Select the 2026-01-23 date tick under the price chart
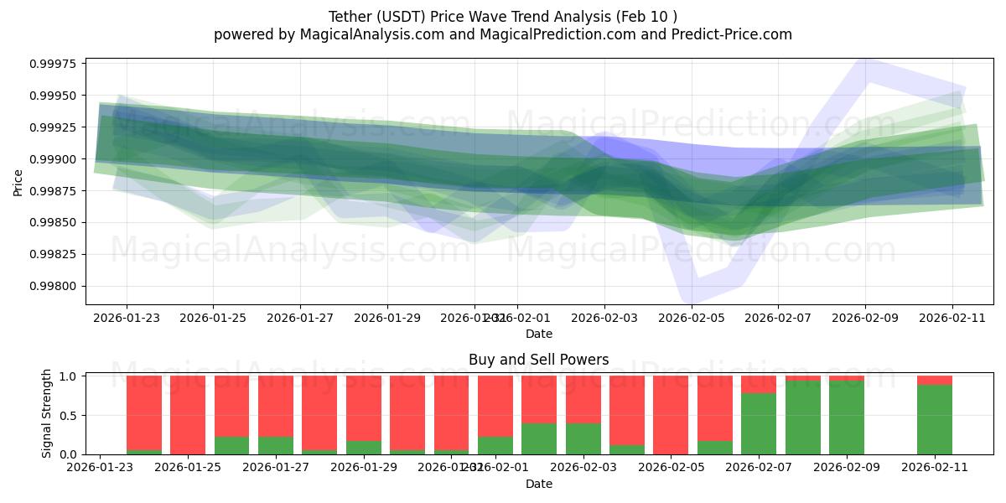click(x=127, y=318)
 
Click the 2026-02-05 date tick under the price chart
click(x=692, y=318)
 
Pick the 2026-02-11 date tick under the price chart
click(x=952, y=318)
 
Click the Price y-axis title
click(x=18, y=181)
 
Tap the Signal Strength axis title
click(x=47, y=413)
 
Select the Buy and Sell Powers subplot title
click(x=538, y=360)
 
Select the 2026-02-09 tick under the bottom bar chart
click(x=846, y=468)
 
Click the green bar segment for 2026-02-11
click(x=934, y=419)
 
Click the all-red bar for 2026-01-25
click(x=188, y=415)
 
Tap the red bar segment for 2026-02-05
click(x=671, y=415)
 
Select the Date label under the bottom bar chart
click(x=538, y=484)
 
